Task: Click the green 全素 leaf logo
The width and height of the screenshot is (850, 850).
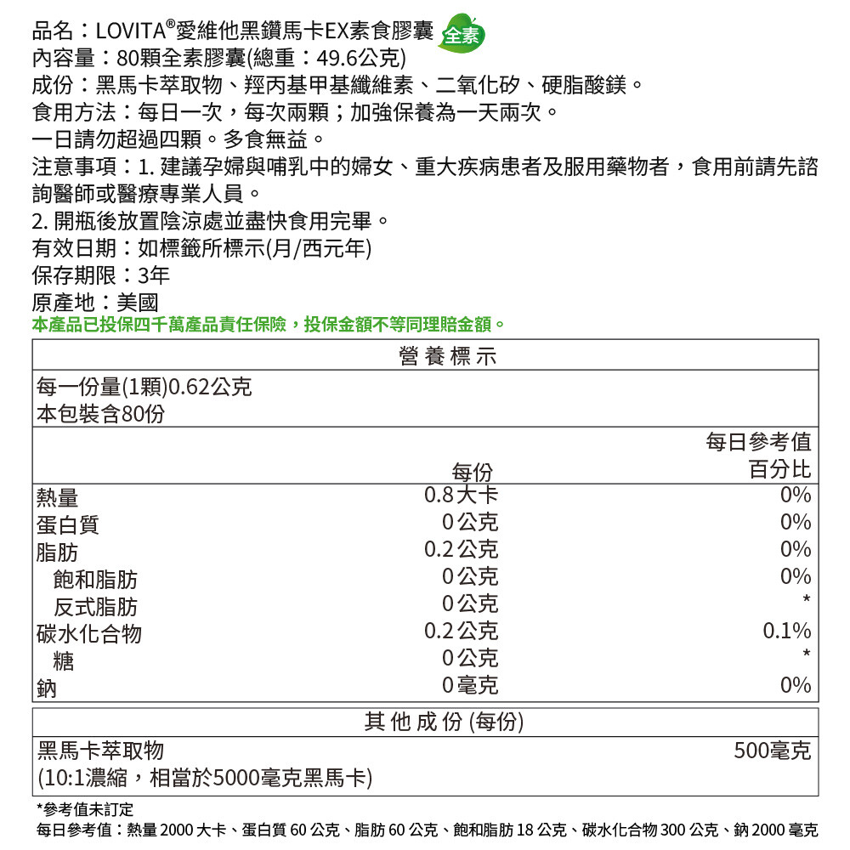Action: pos(462,35)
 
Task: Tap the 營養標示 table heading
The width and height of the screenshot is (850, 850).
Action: pos(447,356)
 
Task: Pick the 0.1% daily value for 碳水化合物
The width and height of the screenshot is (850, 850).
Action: pos(786,631)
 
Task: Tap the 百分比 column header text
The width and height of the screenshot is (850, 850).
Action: pos(779,469)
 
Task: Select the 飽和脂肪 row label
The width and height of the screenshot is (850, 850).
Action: pos(94,580)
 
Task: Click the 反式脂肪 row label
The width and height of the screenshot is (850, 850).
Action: pos(94,607)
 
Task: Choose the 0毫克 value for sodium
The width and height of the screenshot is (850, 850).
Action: pos(470,685)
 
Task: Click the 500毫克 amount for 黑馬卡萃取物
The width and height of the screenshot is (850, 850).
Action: pos(773,751)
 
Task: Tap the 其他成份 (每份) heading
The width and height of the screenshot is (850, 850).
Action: pos(444,722)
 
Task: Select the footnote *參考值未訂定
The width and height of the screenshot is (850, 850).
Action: pos(84,807)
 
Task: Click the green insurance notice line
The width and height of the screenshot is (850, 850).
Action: pos(269,325)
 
